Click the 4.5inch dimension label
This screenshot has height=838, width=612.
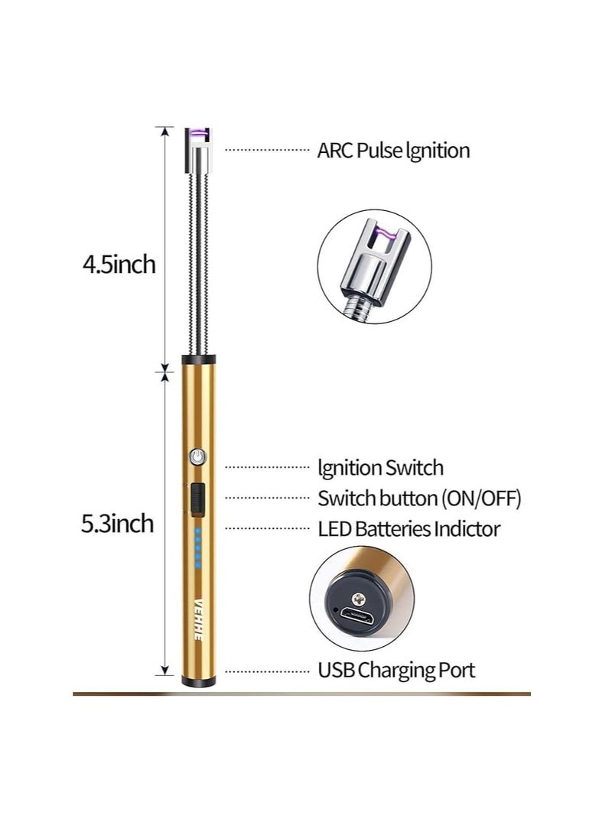point(119,265)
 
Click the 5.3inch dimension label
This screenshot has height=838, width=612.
point(118,524)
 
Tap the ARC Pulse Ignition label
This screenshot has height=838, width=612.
point(393,151)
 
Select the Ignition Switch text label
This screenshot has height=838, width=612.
point(380,468)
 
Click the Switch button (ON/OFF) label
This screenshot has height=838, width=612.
point(419,499)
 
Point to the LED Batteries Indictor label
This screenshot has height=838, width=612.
point(409,529)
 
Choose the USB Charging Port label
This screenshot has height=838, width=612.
point(396,671)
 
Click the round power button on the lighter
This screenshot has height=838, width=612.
point(198,456)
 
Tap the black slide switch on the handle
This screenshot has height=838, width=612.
point(198,499)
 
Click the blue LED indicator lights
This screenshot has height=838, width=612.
point(198,547)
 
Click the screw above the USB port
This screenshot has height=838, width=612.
point(359,599)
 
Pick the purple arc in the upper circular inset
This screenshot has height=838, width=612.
point(385,232)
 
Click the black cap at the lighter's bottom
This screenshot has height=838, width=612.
point(198,681)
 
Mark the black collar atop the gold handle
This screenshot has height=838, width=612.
point(198,359)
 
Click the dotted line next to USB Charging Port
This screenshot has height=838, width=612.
point(267,671)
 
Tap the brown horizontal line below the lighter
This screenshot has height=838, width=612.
point(302,693)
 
